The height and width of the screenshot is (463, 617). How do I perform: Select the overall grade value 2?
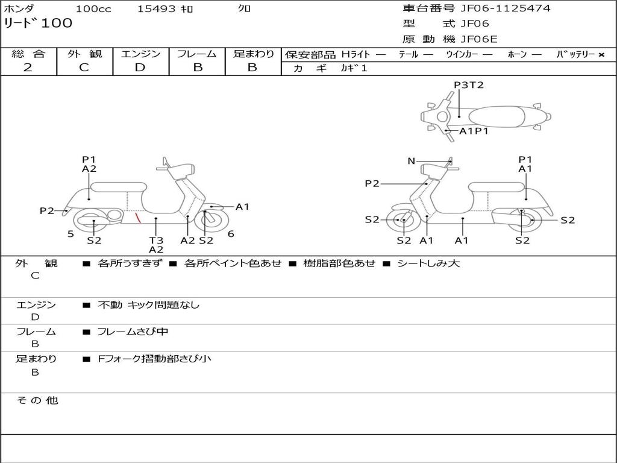click(28, 68)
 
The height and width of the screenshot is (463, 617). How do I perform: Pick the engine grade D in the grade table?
click(140, 68)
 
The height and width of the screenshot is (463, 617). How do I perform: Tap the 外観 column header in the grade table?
click(84, 54)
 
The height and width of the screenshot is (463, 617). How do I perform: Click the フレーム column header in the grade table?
click(197, 54)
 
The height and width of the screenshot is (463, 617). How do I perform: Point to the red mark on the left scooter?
click(138, 217)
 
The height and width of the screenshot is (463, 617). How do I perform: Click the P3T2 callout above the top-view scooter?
click(469, 85)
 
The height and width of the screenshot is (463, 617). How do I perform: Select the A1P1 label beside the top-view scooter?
click(474, 131)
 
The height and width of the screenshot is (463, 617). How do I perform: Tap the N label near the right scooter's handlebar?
click(412, 161)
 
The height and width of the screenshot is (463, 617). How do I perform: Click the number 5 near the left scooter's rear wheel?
click(70, 234)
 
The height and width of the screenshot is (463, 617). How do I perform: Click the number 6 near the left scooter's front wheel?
click(231, 234)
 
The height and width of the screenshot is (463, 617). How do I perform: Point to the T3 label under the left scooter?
click(156, 240)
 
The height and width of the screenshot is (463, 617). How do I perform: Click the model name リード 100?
click(38, 24)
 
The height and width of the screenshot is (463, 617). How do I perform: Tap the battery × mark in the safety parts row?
click(601, 55)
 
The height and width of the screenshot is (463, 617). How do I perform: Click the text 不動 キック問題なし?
click(148, 305)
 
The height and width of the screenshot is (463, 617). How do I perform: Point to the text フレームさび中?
click(133, 332)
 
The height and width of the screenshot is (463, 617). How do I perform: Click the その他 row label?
click(37, 400)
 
